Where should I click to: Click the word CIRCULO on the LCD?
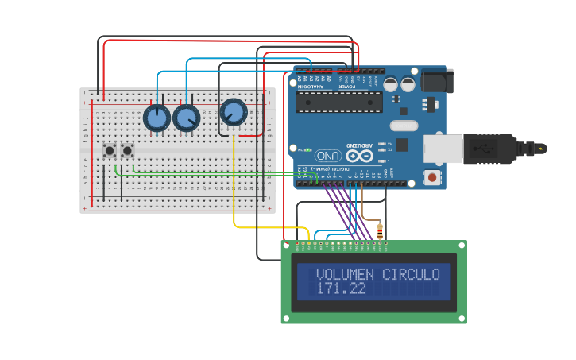[412, 275]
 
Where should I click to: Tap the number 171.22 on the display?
[341, 288]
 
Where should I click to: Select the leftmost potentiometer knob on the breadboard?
[157, 118]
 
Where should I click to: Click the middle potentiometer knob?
[186, 118]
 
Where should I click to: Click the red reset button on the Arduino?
[431, 177]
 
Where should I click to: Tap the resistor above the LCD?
[379, 231]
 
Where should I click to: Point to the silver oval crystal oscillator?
[404, 125]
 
